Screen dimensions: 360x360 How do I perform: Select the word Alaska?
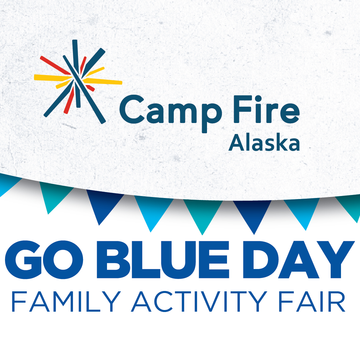pyautogui.click(x=264, y=143)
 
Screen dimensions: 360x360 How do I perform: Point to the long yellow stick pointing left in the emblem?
pyautogui.click(x=52, y=78)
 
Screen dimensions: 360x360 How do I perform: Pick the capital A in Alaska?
pyautogui.click(x=235, y=143)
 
